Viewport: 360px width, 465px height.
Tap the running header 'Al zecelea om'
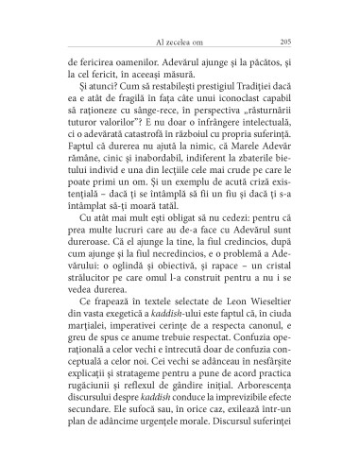[x=179, y=41]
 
